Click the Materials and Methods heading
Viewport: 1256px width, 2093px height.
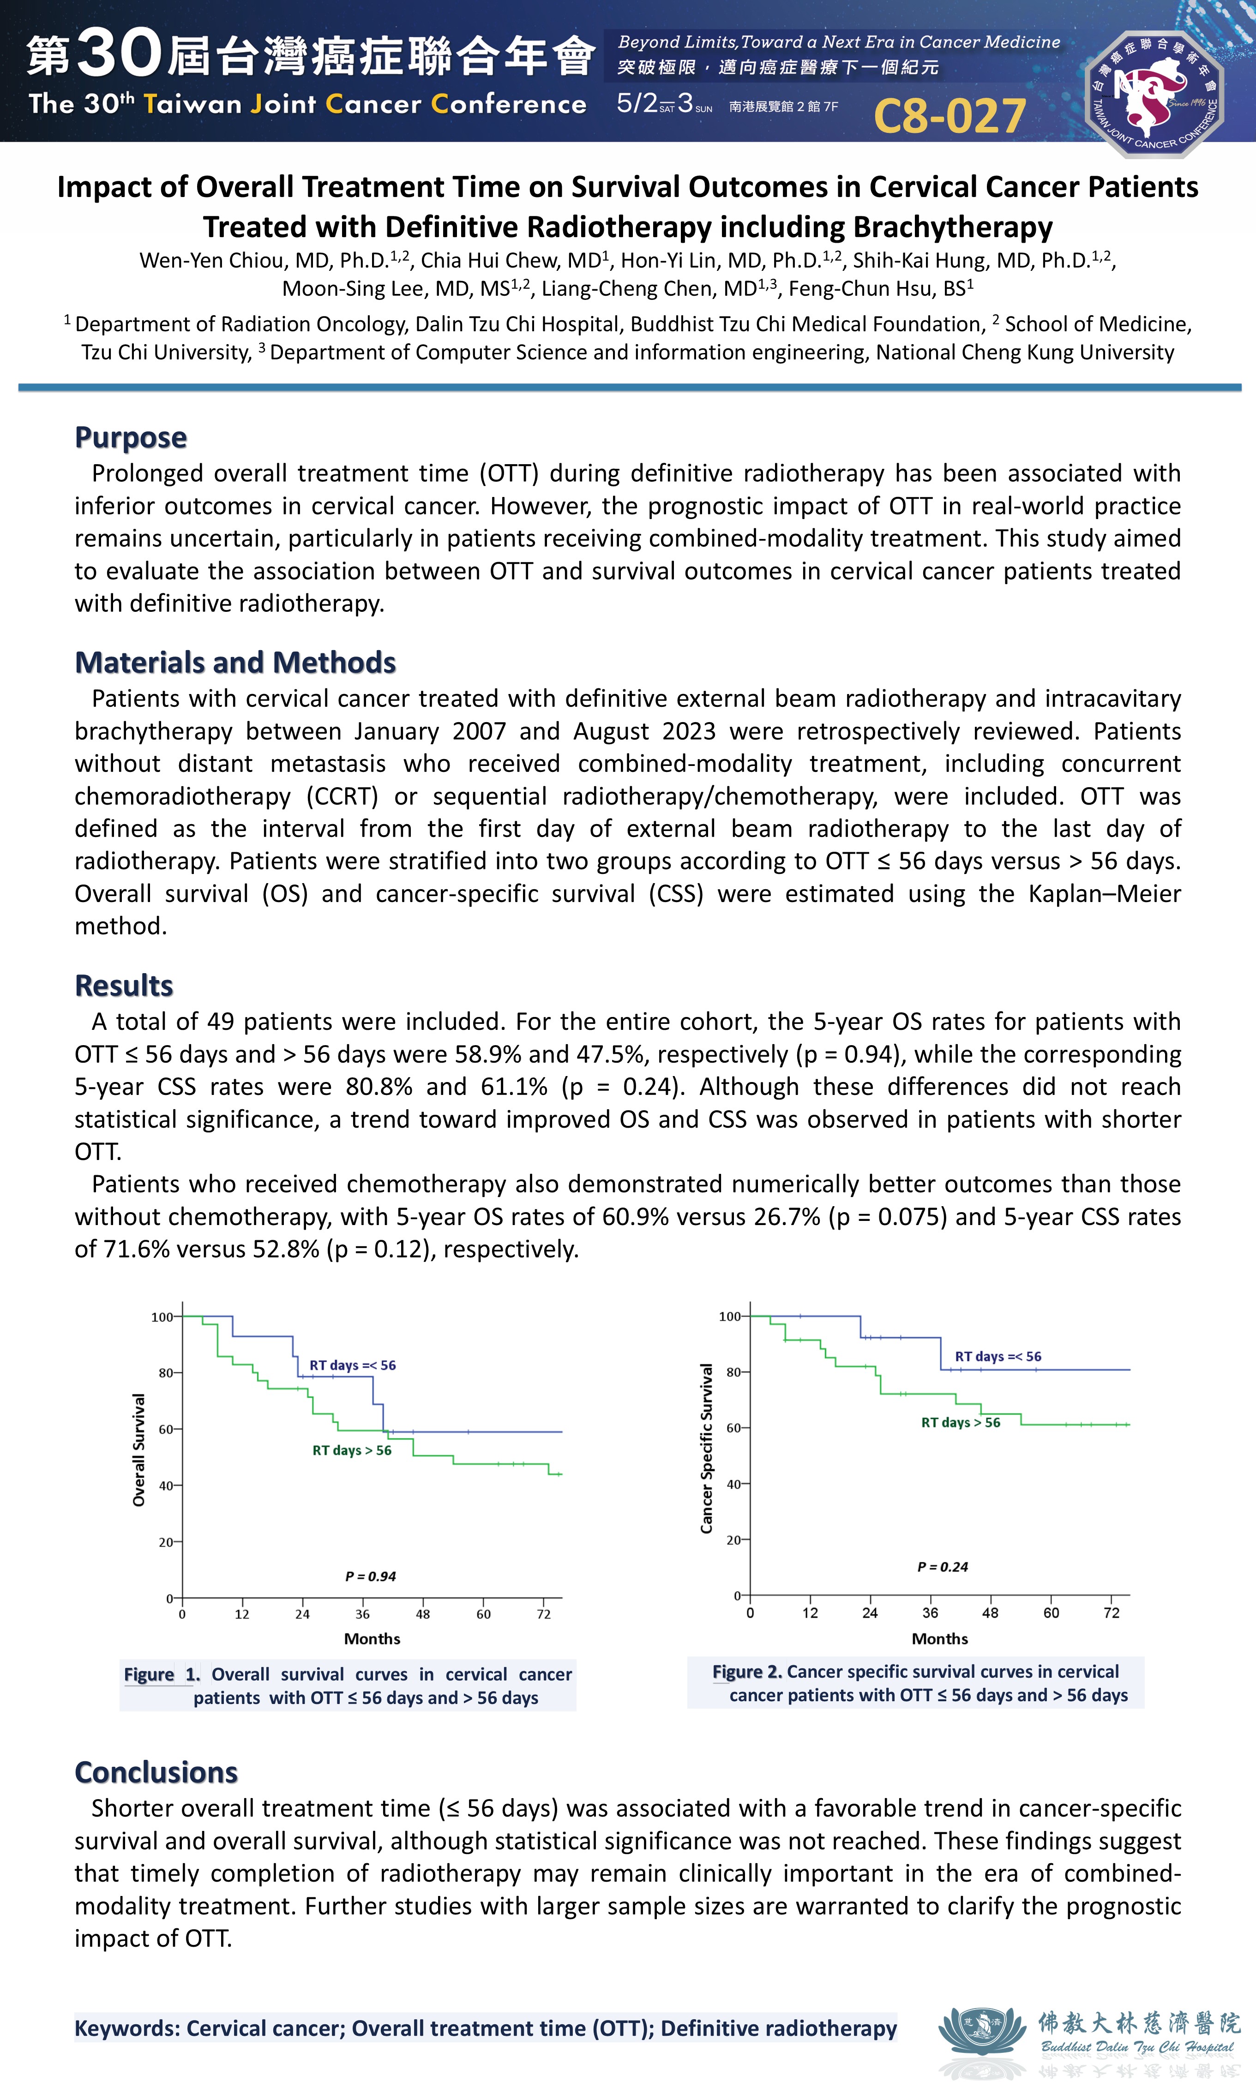[235, 663]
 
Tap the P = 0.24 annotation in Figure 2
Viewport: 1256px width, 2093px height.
[942, 1567]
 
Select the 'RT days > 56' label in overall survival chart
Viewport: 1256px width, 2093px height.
[352, 1450]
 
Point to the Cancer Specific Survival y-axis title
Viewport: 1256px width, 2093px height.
[707, 1448]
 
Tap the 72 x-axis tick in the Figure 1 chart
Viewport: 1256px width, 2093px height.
[543, 1614]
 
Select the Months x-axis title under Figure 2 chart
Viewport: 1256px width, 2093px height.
[939, 1639]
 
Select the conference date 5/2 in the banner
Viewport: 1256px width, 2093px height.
[637, 103]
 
